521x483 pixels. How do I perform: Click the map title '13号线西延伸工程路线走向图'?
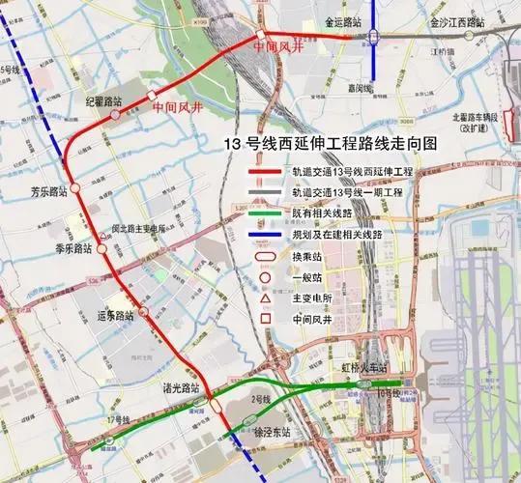(330, 143)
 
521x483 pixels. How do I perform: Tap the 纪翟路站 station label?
(103, 100)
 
